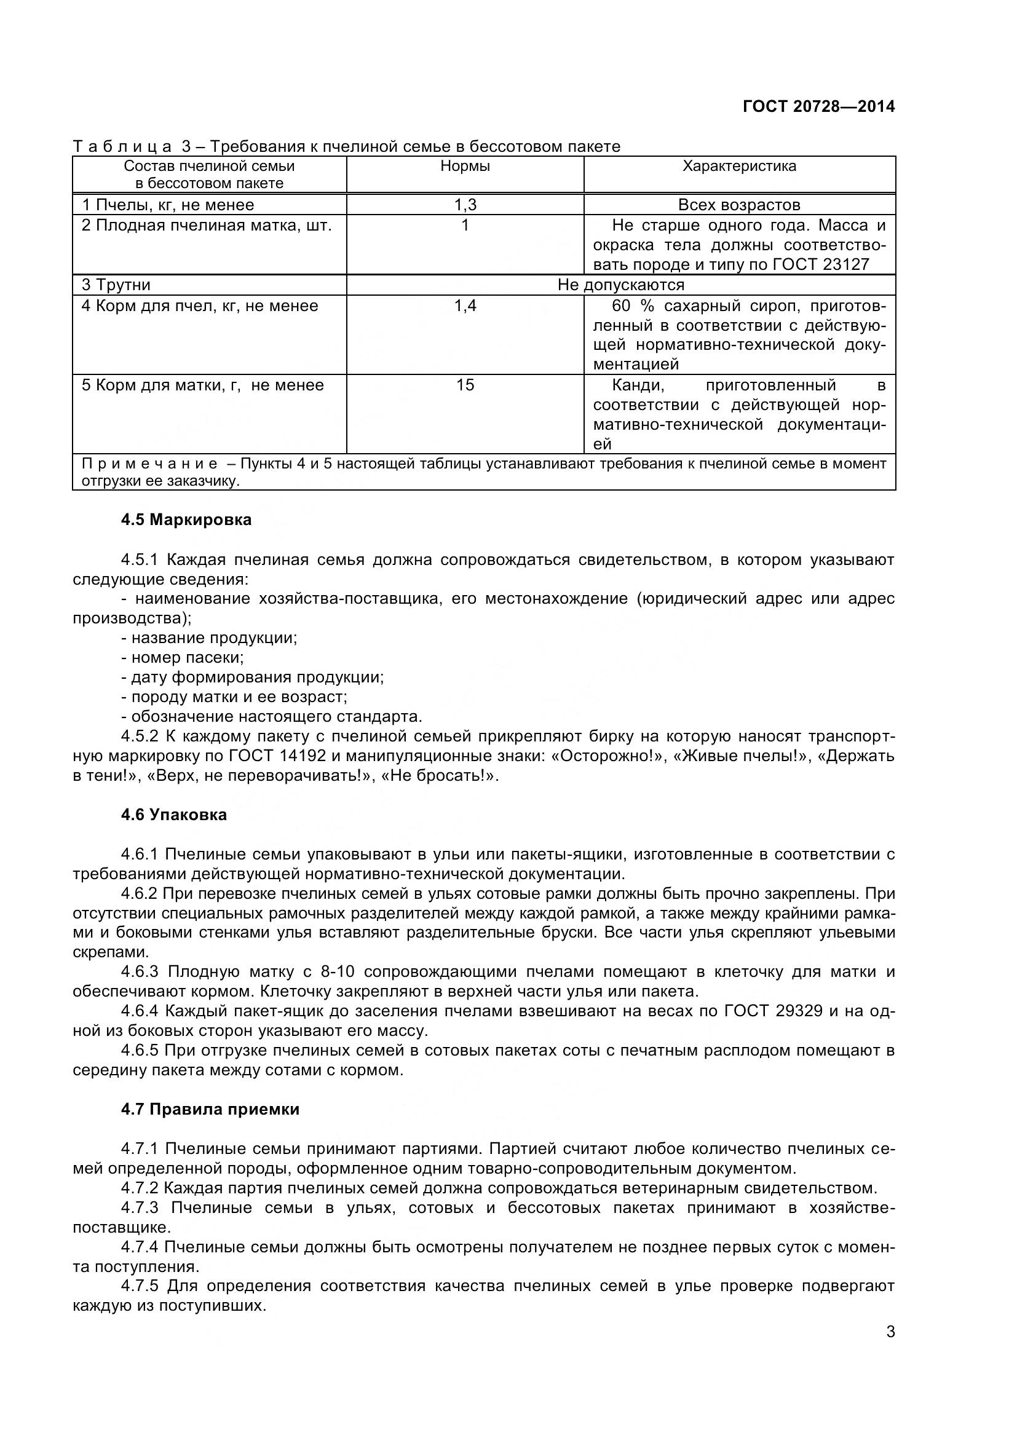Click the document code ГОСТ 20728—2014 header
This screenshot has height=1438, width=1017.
[818, 106]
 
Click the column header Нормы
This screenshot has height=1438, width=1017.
[465, 166]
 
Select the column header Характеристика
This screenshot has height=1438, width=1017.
[739, 166]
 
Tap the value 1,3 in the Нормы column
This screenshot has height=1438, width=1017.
[465, 205]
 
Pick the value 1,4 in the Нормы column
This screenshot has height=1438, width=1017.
[465, 306]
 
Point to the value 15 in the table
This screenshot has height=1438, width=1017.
[465, 384]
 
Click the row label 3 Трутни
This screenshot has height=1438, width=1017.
[116, 285]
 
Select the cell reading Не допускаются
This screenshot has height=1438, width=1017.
[620, 285]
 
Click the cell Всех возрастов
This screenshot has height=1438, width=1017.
[739, 205]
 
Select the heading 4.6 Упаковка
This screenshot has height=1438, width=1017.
[173, 815]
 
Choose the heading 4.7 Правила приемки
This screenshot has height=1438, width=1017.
[210, 1109]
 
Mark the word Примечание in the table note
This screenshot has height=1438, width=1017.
[149, 464]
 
